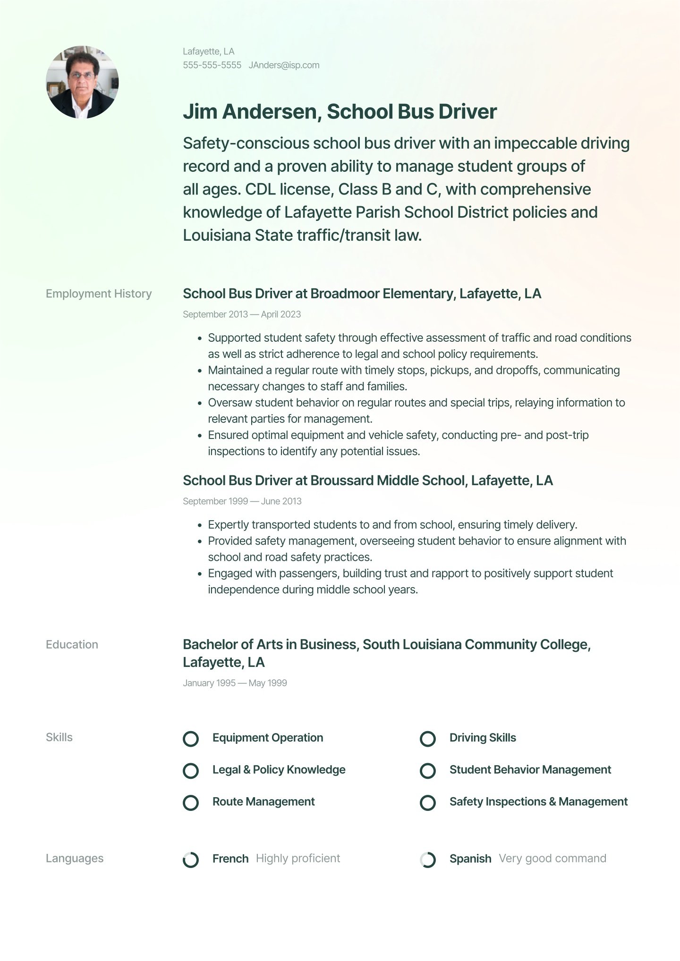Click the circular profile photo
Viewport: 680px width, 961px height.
point(82,82)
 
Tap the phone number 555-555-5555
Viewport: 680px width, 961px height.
point(212,65)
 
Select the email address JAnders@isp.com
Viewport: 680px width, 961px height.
point(284,65)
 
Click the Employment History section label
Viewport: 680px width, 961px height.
point(99,294)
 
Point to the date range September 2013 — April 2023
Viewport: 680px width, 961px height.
point(242,314)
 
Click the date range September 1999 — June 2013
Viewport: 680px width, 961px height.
point(242,501)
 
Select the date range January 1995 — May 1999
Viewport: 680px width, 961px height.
point(235,683)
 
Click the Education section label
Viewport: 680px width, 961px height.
point(72,645)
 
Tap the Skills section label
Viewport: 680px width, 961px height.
point(59,737)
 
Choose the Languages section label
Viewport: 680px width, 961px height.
point(75,859)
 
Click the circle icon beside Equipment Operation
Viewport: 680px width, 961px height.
point(191,739)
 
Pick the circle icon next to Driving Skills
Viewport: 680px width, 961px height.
point(428,739)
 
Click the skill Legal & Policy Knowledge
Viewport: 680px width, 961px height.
point(279,770)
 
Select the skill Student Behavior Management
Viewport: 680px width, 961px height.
point(530,770)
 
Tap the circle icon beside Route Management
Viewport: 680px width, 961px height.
point(191,803)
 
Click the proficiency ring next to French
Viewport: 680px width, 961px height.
point(191,860)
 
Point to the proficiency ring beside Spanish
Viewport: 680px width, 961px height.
point(428,860)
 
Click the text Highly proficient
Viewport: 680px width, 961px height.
point(297,859)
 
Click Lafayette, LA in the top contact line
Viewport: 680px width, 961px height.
point(209,51)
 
